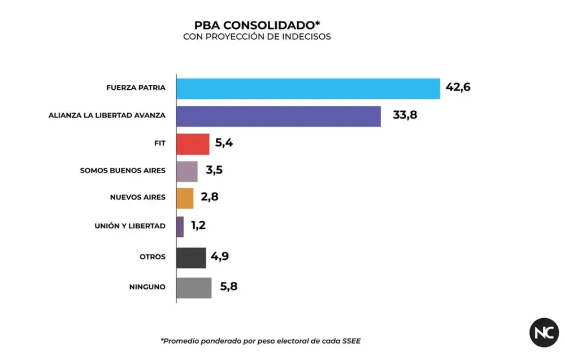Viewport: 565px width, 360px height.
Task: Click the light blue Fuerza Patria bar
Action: coord(308,88)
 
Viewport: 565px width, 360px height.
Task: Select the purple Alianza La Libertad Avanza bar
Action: coord(278,116)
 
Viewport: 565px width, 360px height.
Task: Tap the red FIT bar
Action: coord(193,144)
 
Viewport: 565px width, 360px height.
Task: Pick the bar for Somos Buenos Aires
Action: coord(187,171)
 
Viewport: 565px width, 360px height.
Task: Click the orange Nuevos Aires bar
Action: coord(185,198)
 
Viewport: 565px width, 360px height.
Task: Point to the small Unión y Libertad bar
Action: coord(180,227)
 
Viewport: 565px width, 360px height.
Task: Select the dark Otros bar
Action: coord(191,257)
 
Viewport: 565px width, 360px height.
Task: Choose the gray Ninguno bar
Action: coord(194,287)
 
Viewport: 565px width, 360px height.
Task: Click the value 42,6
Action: coord(458,88)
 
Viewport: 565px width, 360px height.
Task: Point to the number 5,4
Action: coord(224,143)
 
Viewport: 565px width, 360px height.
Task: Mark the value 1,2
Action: coord(198,226)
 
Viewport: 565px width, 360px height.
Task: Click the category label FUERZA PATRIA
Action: coord(136,88)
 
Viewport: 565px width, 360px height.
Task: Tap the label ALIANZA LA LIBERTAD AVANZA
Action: coord(107,116)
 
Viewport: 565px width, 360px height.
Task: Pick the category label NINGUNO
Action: coord(147,287)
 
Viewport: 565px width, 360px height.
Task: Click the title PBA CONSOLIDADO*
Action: coord(257,25)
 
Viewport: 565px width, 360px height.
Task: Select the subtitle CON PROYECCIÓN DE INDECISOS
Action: coord(257,37)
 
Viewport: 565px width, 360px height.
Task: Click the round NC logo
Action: coord(544,332)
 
